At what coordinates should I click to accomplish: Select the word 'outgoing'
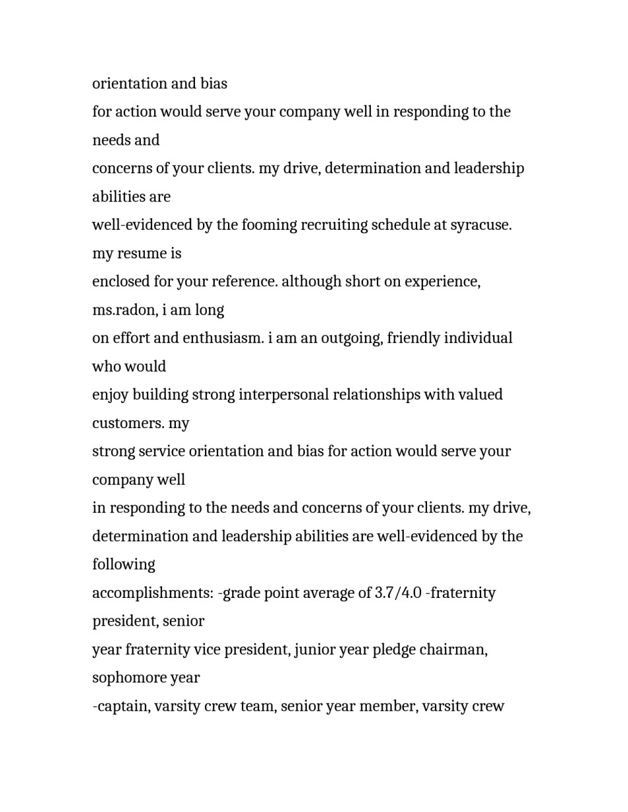(x=350, y=338)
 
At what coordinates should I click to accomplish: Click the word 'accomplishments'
(x=153, y=593)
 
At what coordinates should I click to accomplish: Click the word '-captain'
(x=122, y=707)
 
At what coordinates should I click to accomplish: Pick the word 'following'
(x=124, y=565)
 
